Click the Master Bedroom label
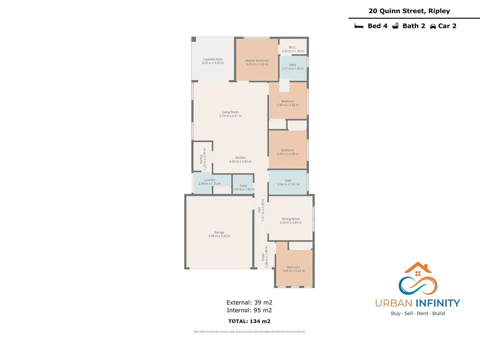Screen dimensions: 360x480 257,61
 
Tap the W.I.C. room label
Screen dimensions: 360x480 292,47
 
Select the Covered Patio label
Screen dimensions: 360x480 213,59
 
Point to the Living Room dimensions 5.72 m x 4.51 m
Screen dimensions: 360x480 230,116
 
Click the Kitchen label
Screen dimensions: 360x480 240,158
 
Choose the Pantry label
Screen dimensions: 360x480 201,159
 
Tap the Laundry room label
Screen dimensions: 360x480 209,180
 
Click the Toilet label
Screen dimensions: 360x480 243,186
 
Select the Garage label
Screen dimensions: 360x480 219,232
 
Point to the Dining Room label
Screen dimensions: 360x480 290,219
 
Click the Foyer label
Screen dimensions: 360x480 263,257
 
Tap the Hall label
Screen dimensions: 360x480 259,210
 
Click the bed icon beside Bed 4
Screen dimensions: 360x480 359,26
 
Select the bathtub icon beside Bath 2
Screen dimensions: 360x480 395,26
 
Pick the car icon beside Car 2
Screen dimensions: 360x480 433,26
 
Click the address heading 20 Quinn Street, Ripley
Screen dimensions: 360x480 409,11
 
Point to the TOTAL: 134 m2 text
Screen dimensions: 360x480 249,321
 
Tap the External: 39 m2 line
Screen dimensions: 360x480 249,303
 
